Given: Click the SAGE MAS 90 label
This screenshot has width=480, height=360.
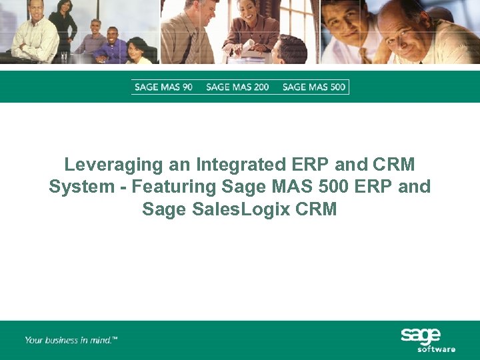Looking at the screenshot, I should (163, 87).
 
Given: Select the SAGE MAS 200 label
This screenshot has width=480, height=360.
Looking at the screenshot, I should (237, 87).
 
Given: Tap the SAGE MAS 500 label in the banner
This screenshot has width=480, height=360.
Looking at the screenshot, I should (314, 87).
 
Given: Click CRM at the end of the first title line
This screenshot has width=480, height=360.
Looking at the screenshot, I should (393, 165).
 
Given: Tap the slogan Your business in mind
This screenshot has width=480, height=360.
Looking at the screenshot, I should (71, 340).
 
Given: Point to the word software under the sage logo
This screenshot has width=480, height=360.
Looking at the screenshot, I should (436, 349).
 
